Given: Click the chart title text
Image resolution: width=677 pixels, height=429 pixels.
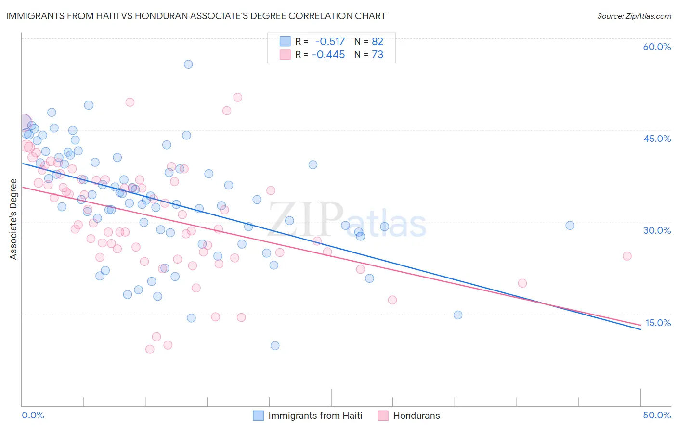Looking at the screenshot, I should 195,16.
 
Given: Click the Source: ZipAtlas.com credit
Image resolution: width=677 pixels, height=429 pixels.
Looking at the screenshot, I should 634,16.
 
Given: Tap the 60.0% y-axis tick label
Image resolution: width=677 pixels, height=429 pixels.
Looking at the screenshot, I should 657,47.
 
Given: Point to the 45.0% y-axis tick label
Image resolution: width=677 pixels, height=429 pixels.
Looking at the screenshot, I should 657,139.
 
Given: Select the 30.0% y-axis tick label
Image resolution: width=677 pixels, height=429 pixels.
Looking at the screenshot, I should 657,230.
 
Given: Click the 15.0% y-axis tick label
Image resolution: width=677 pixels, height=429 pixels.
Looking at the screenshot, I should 658,323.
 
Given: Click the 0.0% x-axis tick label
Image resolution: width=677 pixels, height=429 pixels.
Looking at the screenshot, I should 33,415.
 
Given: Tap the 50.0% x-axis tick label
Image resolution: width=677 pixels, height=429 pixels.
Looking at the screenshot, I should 657,415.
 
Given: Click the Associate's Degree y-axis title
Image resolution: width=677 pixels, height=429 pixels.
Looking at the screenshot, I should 13,219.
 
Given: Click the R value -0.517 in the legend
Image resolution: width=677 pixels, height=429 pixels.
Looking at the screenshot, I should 330,41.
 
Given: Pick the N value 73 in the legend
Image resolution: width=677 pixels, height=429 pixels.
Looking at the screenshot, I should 378,55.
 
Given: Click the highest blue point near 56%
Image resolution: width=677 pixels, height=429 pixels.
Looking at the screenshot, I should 188,64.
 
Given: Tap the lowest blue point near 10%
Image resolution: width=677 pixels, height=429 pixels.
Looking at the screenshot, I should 275,346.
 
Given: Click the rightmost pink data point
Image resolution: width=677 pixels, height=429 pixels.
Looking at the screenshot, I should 627,256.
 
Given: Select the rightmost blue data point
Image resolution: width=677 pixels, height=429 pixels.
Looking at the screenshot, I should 570,226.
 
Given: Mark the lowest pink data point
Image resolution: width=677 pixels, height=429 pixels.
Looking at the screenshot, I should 150,349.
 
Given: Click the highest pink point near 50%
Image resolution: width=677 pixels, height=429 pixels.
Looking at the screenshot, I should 237,98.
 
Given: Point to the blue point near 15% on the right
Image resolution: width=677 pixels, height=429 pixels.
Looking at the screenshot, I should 458,315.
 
